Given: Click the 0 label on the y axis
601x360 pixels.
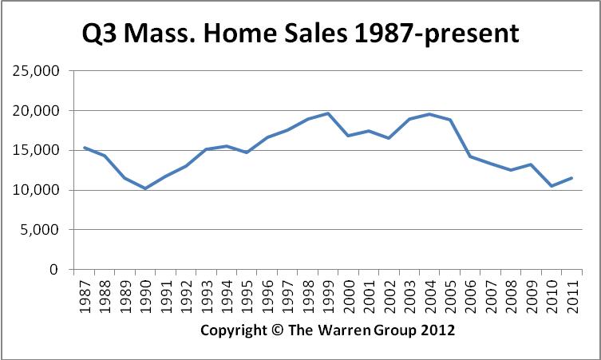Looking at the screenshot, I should pos(56,271).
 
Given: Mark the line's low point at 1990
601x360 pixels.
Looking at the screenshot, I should pos(145,188).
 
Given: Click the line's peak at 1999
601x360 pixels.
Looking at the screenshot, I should pos(327,113).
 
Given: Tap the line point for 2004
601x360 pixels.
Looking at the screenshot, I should pos(429,114).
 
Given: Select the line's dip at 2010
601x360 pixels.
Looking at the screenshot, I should pos(550,186).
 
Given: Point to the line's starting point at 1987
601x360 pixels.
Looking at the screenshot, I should pos(85,148).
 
